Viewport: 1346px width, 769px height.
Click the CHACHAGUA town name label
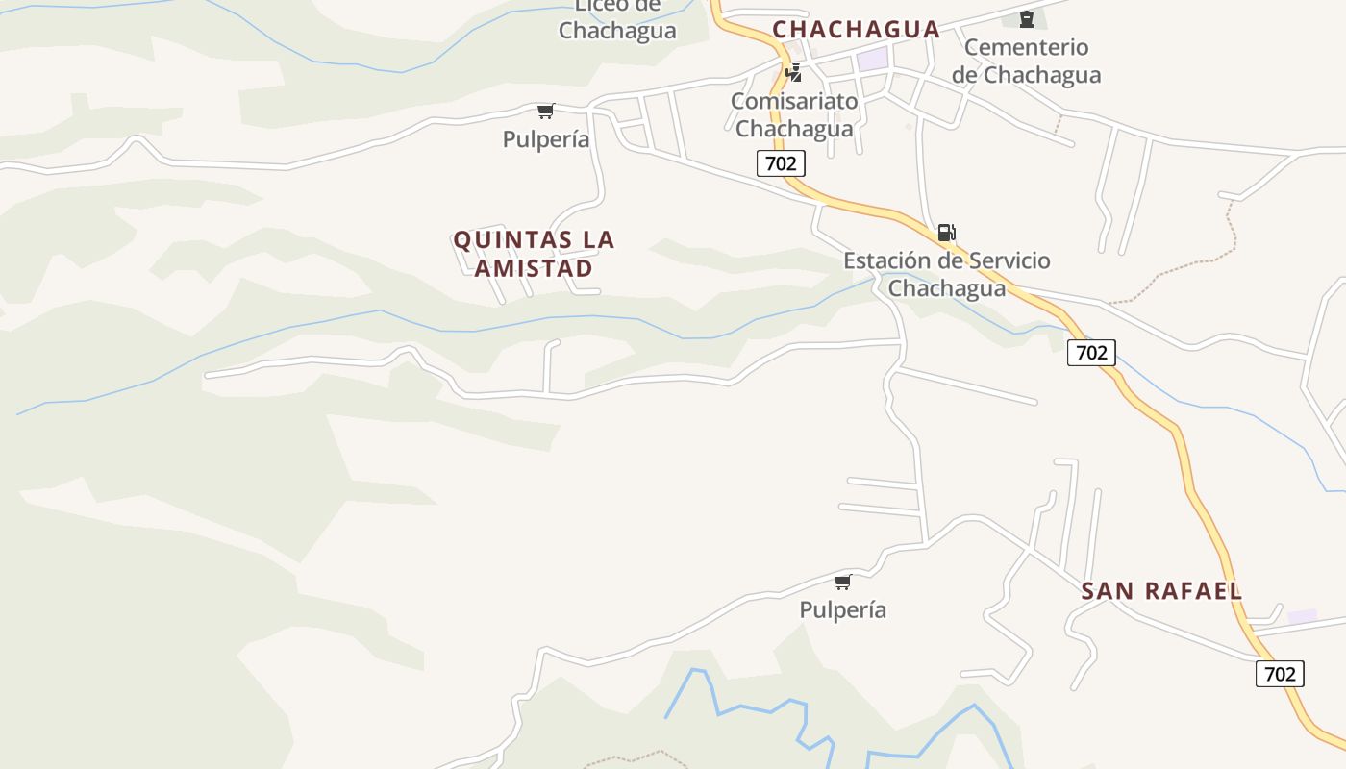[856, 30]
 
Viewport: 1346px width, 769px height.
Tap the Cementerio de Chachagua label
[1026, 61]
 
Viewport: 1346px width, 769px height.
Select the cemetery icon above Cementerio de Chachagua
[1026, 18]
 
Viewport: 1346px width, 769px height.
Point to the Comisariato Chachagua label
[793, 114]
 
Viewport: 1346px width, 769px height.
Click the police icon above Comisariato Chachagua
[794, 72]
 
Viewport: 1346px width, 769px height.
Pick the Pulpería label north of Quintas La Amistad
[546, 139]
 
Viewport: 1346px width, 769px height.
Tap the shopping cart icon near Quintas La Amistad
[546, 112]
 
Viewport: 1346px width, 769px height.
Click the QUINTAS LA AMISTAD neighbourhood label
[534, 254]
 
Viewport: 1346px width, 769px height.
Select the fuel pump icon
[947, 232]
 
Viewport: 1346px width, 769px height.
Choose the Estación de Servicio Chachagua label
[947, 274]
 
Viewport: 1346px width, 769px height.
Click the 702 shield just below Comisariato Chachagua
[781, 163]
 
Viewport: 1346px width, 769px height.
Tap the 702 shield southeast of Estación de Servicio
[1091, 353]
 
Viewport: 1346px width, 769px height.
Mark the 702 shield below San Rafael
[1280, 674]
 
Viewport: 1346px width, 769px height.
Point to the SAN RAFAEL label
[1161, 591]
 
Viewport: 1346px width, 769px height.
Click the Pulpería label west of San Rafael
[843, 610]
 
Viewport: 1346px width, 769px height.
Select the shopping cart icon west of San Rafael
[843, 582]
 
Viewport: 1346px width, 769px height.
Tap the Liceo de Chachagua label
[617, 19]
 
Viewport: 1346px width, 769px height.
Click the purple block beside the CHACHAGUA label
[873, 59]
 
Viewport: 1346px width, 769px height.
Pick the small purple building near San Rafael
[1303, 616]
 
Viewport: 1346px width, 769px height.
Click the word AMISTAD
[534, 268]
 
